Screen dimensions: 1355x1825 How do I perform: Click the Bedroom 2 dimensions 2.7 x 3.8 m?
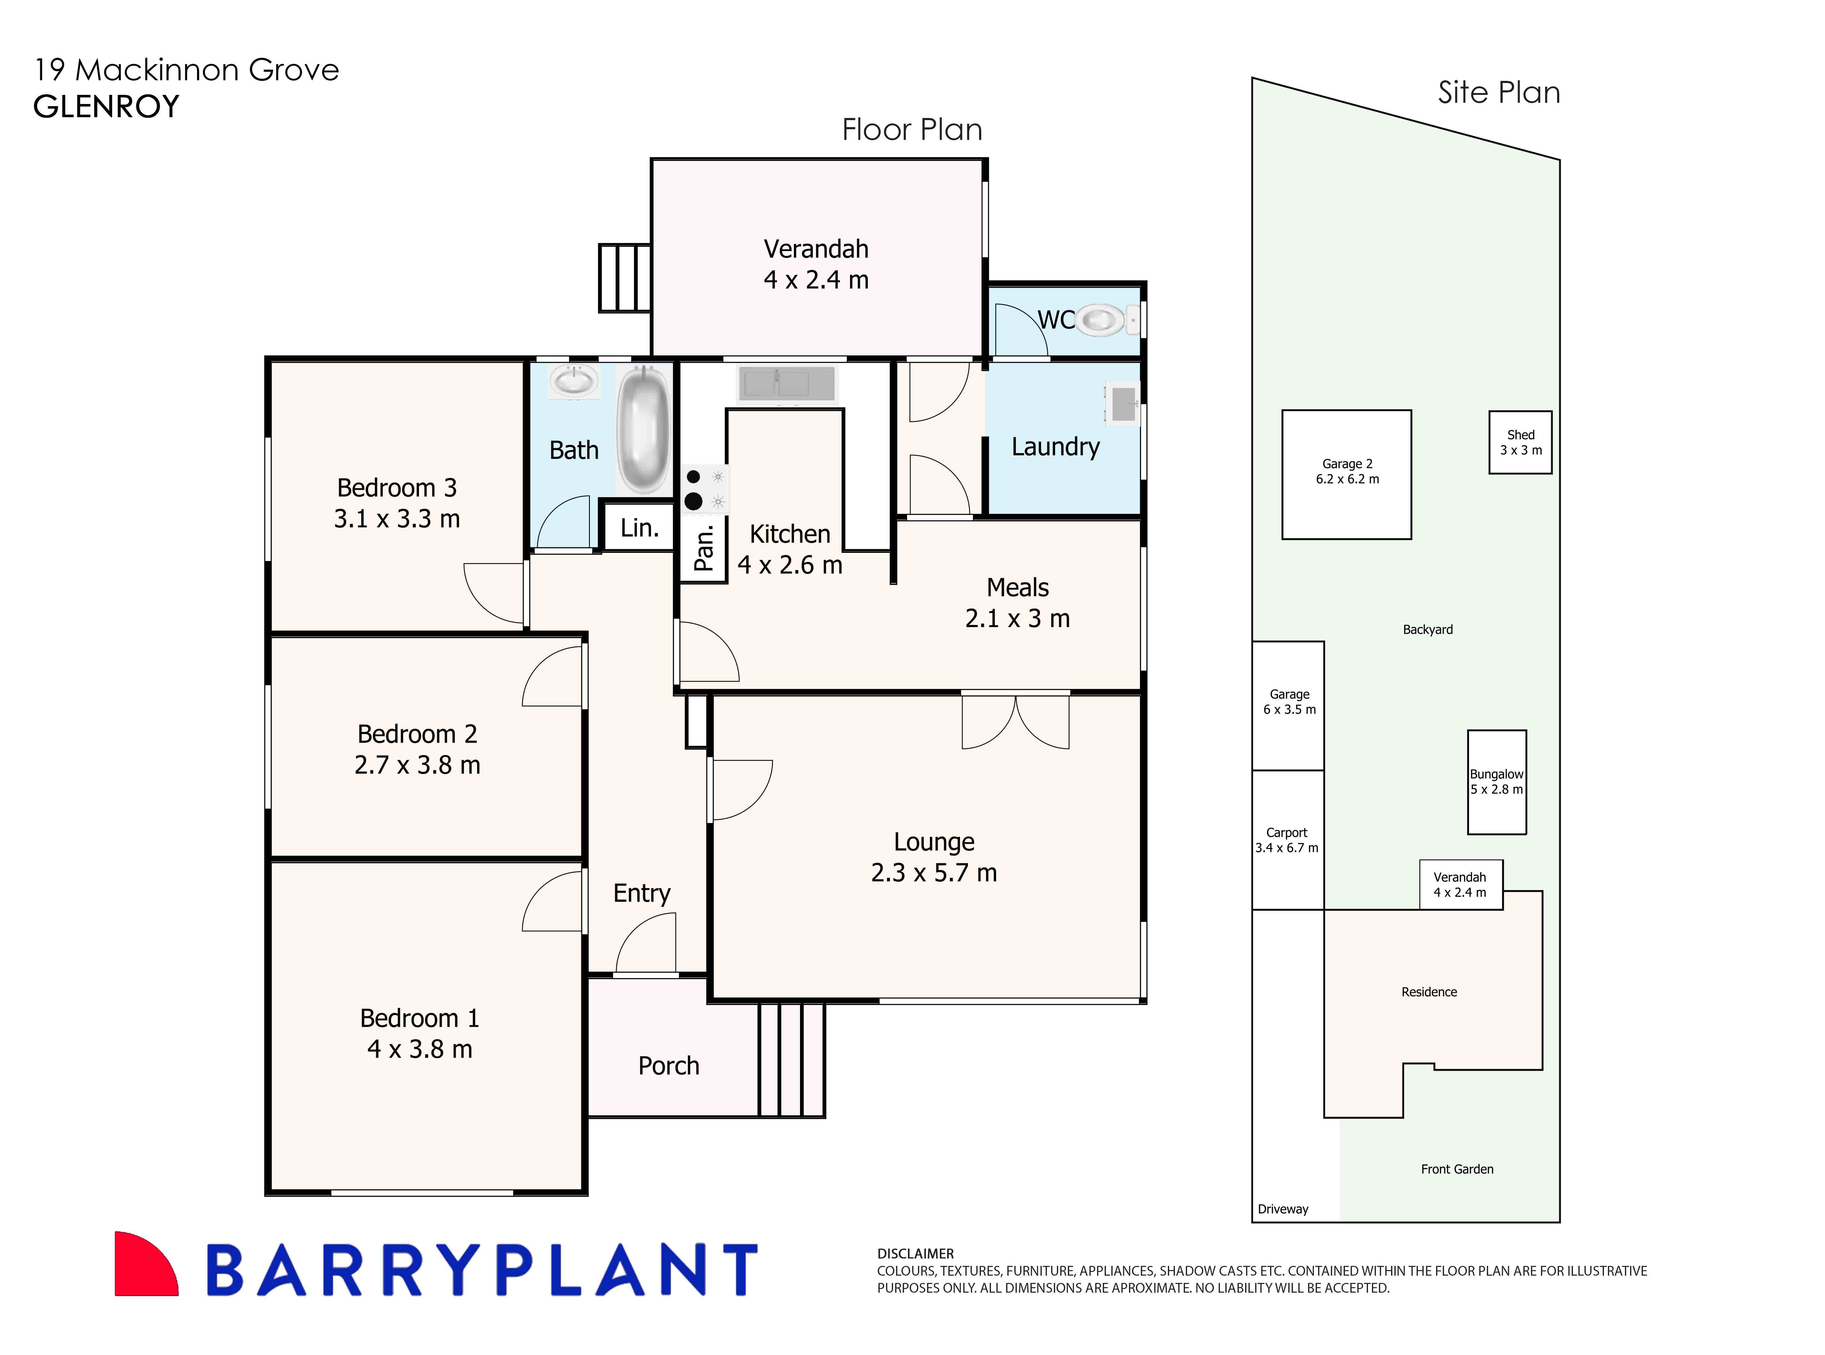417,764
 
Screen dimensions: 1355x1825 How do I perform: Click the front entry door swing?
646,945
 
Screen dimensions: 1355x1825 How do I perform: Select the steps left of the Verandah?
624,277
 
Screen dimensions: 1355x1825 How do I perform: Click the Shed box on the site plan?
1520,442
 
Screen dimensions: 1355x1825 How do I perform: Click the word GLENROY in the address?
107,107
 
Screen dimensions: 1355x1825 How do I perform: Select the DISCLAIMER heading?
915,1253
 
